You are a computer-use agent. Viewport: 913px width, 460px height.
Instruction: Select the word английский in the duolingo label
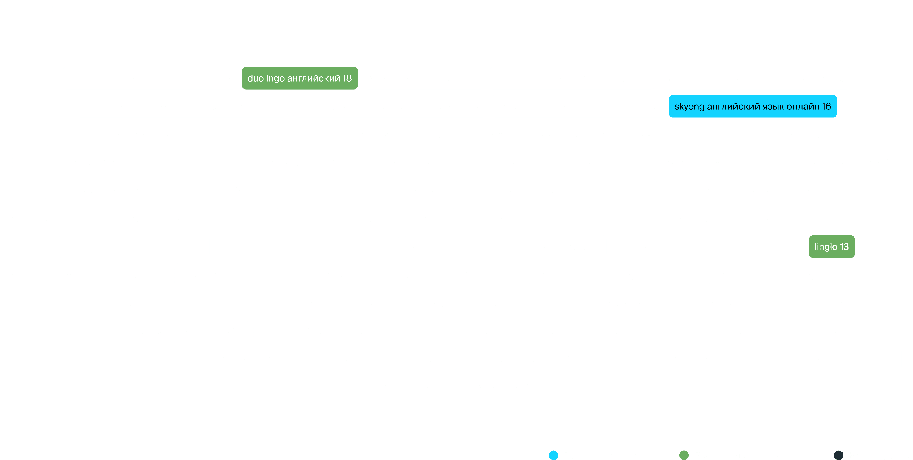pos(313,78)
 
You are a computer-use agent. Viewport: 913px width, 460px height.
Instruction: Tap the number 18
pos(347,78)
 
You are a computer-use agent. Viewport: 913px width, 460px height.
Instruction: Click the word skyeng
pos(689,107)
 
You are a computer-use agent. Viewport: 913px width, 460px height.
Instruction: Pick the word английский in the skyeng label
pos(733,106)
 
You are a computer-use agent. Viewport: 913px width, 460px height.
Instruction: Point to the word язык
pos(773,107)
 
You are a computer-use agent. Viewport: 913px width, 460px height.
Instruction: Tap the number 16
pos(826,106)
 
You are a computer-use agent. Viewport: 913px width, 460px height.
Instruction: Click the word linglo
pos(826,247)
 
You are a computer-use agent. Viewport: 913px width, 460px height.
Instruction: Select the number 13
pos(844,247)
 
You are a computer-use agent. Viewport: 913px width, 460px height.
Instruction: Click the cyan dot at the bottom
pos(553,455)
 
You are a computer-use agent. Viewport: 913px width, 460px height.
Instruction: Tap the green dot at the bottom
pos(684,455)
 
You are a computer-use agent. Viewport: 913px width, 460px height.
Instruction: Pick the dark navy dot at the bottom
pos(838,455)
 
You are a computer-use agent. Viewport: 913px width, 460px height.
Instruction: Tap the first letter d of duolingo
pos(250,78)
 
